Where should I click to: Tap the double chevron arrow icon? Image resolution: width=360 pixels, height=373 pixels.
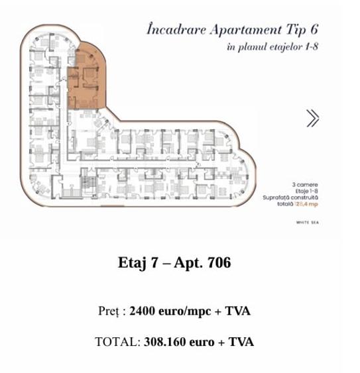312,118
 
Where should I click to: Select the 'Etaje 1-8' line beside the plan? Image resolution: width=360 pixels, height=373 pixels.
306,189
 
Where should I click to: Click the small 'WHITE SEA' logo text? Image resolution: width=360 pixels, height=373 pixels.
307,223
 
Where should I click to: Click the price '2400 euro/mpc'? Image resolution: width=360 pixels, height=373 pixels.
171,311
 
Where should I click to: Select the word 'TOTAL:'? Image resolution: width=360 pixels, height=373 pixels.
117,343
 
